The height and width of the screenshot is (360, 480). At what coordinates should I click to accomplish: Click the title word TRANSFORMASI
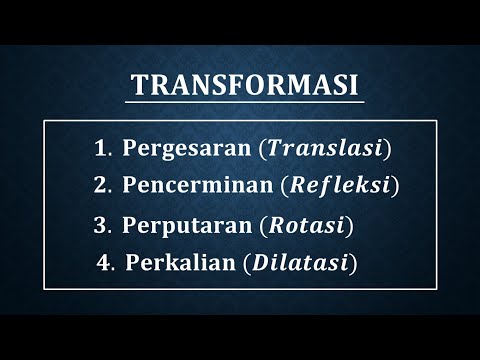pos(244,86)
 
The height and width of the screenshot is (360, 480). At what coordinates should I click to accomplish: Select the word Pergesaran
pos(186,149)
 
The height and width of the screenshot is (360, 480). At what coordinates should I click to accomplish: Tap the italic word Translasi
pos(324,149)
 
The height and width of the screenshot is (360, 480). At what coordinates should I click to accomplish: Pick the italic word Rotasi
pos(307,225)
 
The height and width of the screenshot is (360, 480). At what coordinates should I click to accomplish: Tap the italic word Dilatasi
pos(301,262)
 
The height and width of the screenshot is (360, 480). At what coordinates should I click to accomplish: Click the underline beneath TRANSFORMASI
pos(244,101)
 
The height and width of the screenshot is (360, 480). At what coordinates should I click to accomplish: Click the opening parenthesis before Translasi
pos(263,149)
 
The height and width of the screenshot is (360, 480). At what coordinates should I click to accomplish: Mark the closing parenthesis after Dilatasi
pos(354,262)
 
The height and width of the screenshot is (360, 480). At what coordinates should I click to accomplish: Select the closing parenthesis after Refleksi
pos(396,185)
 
